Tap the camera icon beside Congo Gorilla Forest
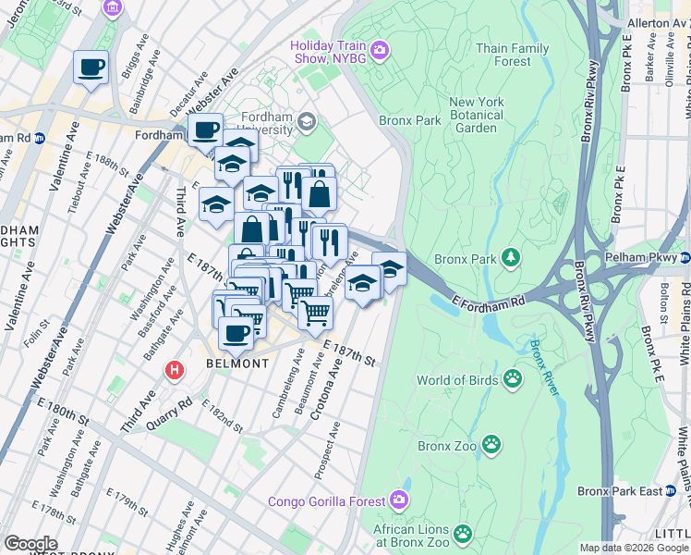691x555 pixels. coord(399,500)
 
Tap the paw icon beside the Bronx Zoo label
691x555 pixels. coord(493,446)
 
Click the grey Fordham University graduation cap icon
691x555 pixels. coord(307,122)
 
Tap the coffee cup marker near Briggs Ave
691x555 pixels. coord(91,68)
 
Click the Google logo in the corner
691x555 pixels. coord(30,544)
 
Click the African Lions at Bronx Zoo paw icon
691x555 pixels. coord(462,534)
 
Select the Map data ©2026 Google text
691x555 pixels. coord(634,548)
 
